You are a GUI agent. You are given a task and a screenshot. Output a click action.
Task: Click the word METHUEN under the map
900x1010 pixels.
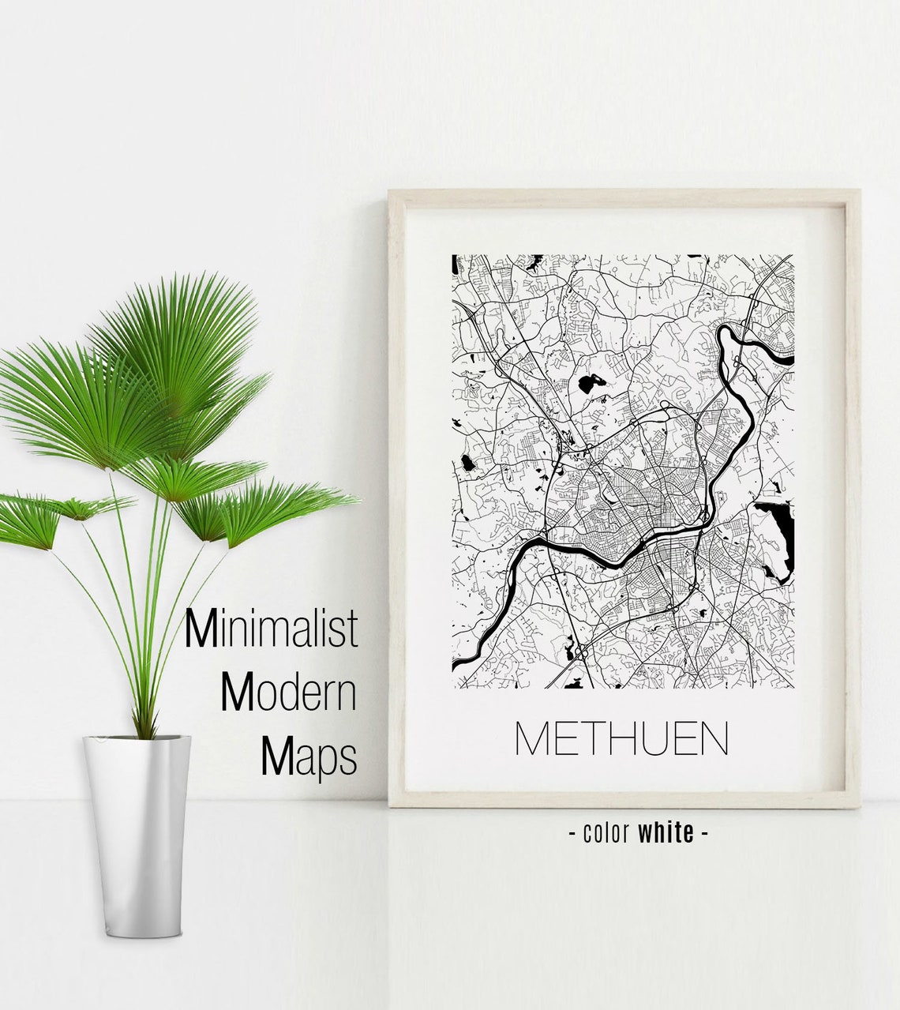[621, 738]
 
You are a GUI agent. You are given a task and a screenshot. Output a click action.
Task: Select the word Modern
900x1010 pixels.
[288, 693]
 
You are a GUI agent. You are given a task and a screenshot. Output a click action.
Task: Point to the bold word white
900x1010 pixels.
[666, 832]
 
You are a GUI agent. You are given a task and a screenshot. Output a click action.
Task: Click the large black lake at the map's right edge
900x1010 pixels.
[774, 533]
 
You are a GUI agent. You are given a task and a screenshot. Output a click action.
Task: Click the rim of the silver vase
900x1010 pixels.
[137, 739]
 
